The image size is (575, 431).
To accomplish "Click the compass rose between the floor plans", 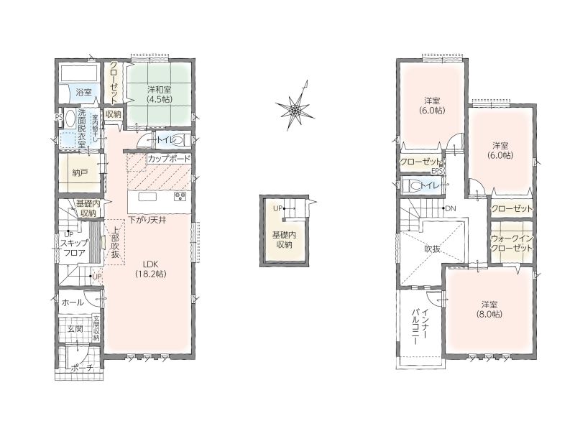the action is [295, 108].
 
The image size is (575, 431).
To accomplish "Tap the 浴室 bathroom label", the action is [83, 92].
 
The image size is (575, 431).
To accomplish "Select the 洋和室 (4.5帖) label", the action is [159, 94].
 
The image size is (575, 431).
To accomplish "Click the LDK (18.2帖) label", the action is [150, 268].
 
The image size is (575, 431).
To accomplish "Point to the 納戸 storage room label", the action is [80, 172].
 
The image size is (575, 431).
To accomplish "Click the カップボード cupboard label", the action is [169, 159].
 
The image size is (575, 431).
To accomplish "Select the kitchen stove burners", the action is [180, 197].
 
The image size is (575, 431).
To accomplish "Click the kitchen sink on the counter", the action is [147, 197].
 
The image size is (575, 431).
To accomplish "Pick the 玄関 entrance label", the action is [75, 329].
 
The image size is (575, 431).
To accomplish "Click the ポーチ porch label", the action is [83, 368].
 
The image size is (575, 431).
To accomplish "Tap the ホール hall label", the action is [73, 302].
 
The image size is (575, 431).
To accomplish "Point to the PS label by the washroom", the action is [58, 117].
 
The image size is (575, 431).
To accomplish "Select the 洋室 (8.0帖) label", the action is [489, 310].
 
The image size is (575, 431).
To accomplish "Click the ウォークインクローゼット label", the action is [512, 243].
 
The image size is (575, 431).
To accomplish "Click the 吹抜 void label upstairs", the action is [433, 249].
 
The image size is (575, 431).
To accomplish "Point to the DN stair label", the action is [451, 208].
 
